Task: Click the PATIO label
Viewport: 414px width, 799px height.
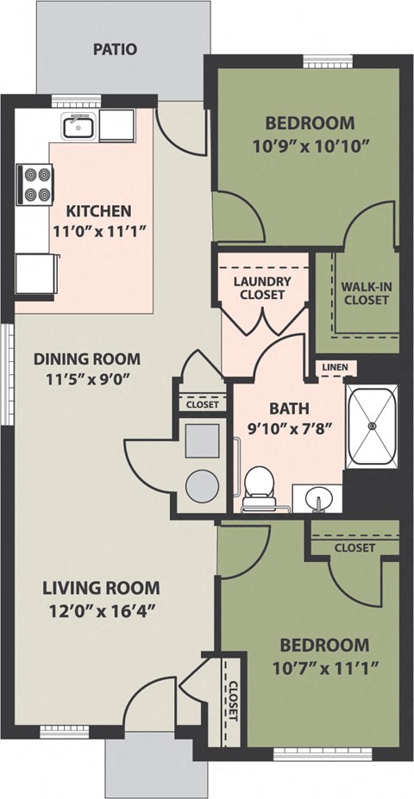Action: (x=116, y=49)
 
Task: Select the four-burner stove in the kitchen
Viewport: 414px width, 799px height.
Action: (x=35, y=184)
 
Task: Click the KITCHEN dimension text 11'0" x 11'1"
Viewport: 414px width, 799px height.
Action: (x=100, y=231)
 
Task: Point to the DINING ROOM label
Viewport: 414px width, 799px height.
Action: (x=87, y=359)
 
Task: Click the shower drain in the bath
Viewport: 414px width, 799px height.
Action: (x=373, y=424)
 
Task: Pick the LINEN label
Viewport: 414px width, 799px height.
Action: (x=335, y=367)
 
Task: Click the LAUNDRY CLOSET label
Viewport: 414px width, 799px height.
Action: (x=262, y=288)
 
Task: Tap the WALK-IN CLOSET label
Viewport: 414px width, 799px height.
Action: (x=366, y=293)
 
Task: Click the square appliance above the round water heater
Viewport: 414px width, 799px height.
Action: (x=203, y=440)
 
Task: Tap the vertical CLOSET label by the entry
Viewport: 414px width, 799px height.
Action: (x=234, y=700)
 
